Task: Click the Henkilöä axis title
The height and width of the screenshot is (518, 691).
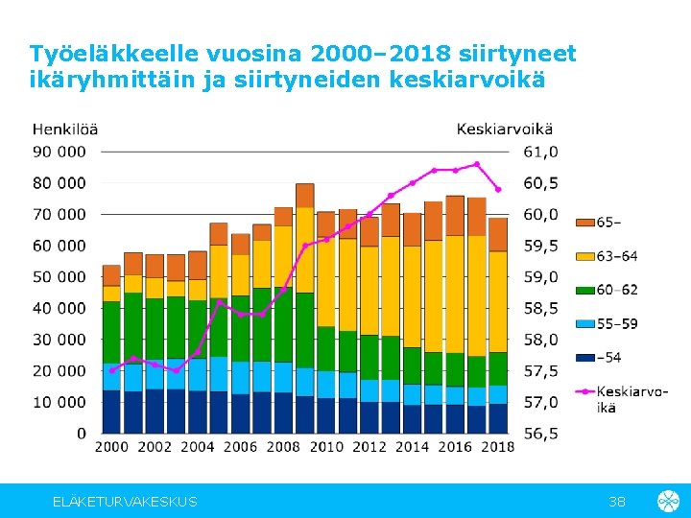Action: pos(64,129)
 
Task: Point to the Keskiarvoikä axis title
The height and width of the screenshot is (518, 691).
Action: pos(504,129)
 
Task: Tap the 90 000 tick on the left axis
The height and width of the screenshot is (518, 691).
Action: pos(60,152)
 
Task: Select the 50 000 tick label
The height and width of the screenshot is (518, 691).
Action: pos(60,276)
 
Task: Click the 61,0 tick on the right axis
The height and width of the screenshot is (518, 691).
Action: pos(540,152)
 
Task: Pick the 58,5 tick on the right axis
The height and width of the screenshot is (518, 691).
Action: pos(540,308)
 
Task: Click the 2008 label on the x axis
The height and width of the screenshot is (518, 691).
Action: pos(283,446)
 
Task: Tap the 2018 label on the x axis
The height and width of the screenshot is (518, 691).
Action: pos(498,446)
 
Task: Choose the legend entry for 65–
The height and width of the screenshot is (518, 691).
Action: pos(608,223)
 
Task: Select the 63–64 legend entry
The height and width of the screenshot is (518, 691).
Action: pos(616,256)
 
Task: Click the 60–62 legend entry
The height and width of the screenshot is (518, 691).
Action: pos(616,290)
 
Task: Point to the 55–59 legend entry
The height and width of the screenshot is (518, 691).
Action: pos(616,324)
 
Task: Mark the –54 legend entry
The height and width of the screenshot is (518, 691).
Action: pos(608,358)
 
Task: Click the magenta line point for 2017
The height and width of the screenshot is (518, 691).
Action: pos(476,164)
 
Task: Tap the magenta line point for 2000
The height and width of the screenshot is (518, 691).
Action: pos(111,370)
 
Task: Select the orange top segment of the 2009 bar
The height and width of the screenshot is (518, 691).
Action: pos(304,196)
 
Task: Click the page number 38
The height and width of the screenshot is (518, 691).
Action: pos(618,502)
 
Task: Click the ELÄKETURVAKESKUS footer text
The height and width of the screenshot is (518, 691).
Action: pos(125,502)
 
